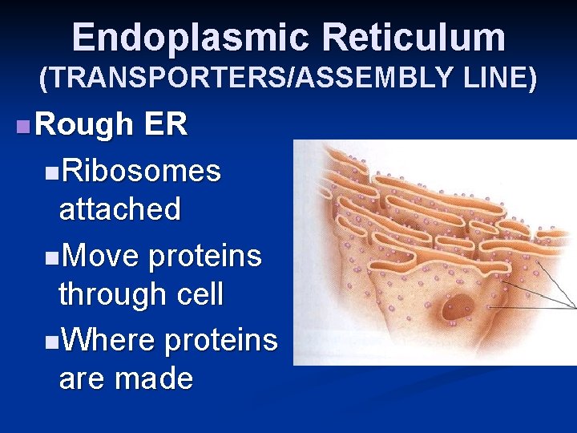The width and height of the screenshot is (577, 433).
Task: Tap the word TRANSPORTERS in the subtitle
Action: tap(147, 78)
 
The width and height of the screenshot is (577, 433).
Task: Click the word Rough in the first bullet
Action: tap(84, 124)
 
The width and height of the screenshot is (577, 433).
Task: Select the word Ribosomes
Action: tap(140, 171)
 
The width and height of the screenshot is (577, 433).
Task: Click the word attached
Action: tap(119, 209)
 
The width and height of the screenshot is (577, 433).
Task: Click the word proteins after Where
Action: tap(220, 339)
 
